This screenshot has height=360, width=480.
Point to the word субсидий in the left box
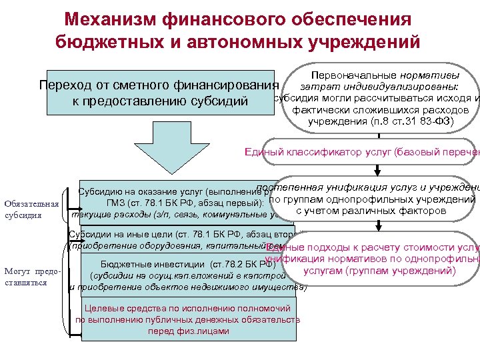pos(219,102)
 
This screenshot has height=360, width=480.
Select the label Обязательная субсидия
pos(31,209)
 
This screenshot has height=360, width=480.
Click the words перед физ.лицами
pos(188,331)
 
